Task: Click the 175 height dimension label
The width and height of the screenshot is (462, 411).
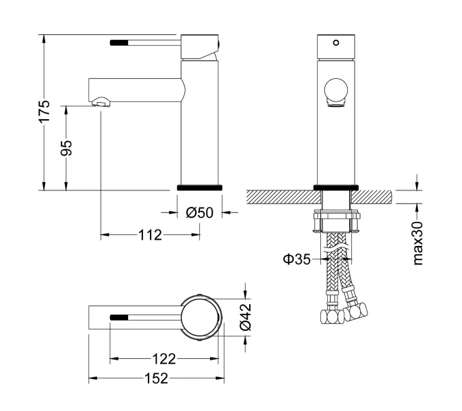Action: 44,112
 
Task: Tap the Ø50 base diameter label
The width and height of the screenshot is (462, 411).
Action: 200,213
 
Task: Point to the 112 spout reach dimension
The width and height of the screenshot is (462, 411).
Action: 149,235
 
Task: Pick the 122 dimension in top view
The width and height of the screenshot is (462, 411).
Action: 164,358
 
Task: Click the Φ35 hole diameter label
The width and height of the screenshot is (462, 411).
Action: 296,260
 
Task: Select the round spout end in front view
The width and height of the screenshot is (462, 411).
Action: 335,91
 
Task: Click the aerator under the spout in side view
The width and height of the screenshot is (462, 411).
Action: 101,103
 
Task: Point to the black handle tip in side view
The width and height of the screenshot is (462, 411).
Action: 119,42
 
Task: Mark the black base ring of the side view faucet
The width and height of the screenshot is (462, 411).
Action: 200,187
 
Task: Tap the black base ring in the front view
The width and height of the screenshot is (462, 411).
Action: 335,187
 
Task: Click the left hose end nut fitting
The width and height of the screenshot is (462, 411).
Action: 330,316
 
